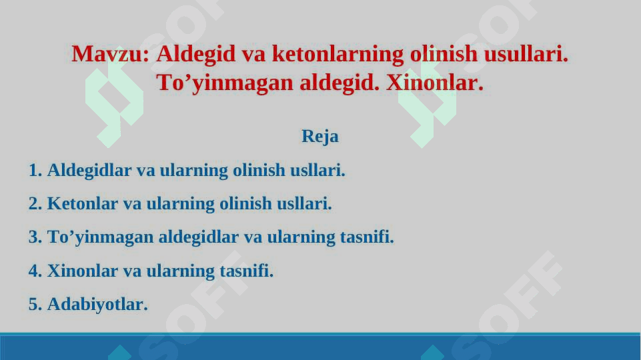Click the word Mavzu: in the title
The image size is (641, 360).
[110, 54]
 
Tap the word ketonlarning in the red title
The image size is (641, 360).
[338, 54]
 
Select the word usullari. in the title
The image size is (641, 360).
[526, 54]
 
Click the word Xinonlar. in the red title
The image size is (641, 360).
[434, 83]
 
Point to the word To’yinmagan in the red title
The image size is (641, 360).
[225, 83]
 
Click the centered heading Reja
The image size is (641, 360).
[320, 137]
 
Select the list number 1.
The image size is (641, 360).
[35, 170]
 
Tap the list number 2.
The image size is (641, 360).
[35, 203]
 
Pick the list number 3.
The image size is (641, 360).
[35, 237]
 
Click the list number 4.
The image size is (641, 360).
[35, 271]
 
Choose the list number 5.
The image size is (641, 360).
[35, 305]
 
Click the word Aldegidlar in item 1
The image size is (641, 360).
[89, 171]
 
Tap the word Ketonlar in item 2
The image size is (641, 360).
[83, 203]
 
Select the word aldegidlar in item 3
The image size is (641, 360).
[198, 237]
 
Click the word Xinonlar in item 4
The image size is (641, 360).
[83, 271]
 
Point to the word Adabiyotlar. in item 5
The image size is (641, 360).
[97, 305]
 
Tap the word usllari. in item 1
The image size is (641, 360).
[317, 170]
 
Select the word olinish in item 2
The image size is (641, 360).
[245, 203]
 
